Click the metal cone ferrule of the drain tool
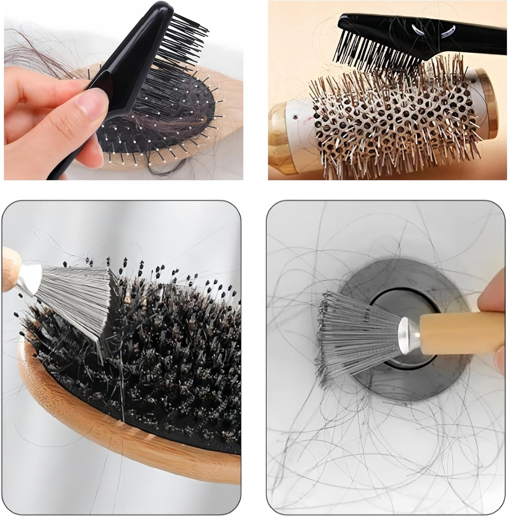pos(409,327)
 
